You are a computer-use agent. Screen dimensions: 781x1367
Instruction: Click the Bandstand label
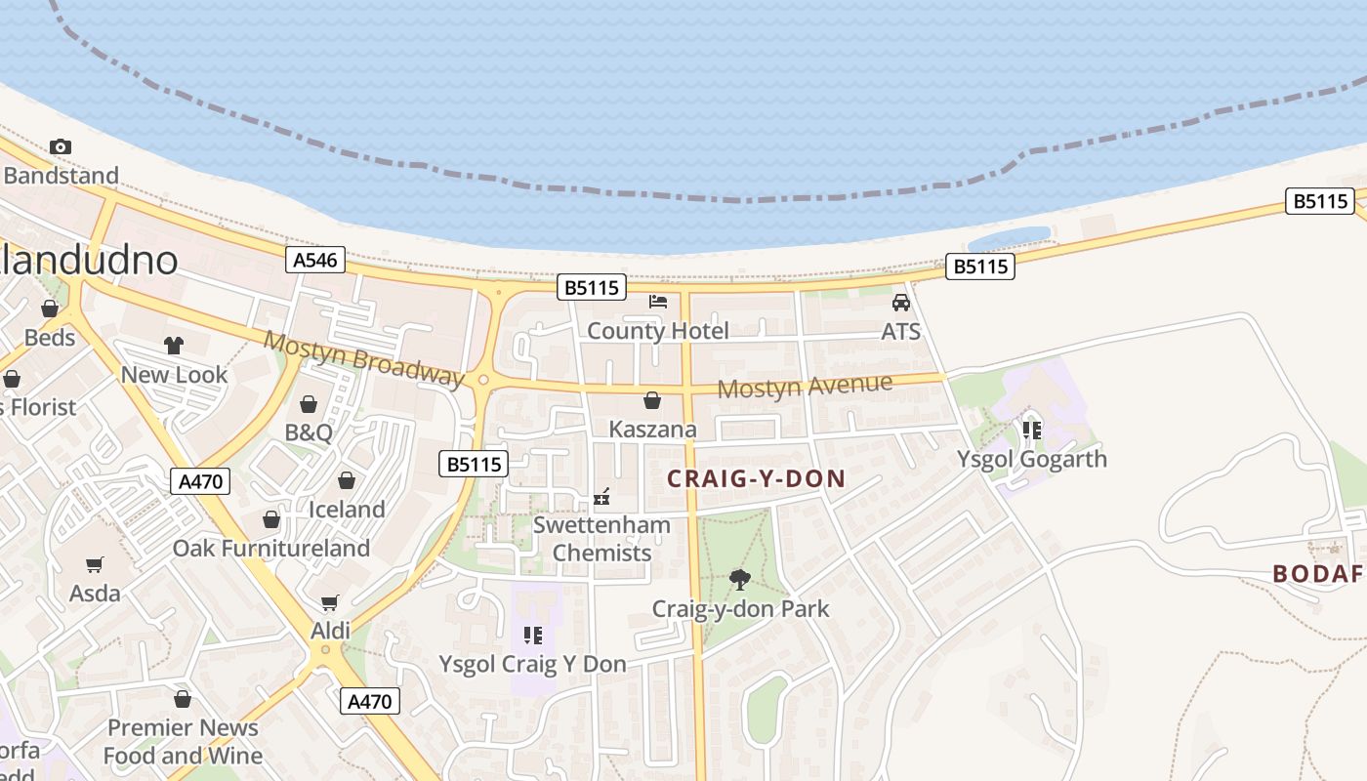click(61, 176)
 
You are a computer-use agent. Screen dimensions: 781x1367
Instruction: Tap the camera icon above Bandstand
click(61, 147)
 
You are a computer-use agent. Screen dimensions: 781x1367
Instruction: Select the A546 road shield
click(316, 260)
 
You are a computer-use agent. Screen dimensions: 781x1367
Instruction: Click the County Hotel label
click(657, 331)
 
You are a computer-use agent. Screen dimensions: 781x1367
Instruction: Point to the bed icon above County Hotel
click(658, 302)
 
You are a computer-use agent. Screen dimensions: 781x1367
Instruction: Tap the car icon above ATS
click(901, 303)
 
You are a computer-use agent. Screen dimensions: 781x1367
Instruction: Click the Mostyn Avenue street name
click(805, 387)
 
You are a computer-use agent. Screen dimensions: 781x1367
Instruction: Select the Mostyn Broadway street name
click(363, 358)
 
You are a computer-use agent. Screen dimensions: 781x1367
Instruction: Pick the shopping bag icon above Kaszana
click(652, 400)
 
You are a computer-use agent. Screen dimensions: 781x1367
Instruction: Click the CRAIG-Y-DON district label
click(756, 479)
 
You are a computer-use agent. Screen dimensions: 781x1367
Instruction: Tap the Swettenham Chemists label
click(601, 539)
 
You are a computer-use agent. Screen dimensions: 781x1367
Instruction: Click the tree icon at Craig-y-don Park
click(740, 580)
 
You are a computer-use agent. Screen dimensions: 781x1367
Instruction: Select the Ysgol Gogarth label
click(1032, 459)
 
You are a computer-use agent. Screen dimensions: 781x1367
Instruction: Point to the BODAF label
click(1317, 574)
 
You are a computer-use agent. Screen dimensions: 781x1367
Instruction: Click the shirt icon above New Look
click(174, 346)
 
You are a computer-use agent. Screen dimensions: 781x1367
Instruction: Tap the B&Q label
click(309, 432)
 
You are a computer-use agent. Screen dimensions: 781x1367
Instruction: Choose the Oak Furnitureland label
click(271, 549)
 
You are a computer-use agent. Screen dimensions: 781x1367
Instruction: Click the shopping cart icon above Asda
click(95, 564)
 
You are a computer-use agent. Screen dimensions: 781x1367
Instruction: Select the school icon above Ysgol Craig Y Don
click(533, 636)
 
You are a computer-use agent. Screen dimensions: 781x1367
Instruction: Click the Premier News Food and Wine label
click(183, 742)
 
